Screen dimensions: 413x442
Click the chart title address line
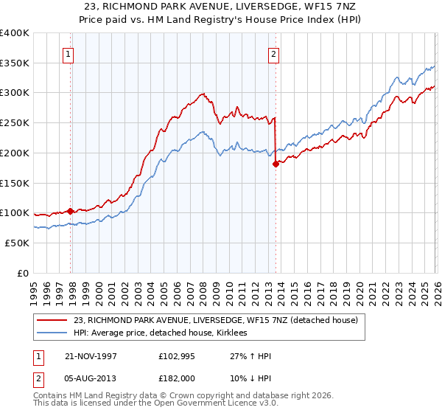(x=220, y=6)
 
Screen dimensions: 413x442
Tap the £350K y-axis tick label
(x=15, y=63)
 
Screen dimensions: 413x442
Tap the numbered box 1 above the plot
(x=68, y=53)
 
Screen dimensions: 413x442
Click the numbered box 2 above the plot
(x=273, y=53)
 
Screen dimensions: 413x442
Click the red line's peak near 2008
(x=202, y=94)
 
